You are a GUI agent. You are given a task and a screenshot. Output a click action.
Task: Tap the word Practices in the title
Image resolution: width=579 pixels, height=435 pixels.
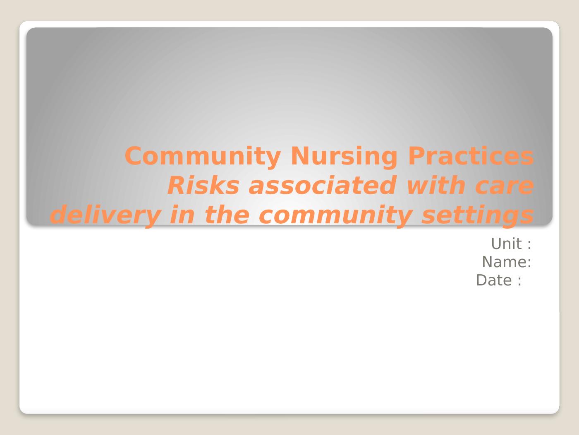click(x=471, y=156)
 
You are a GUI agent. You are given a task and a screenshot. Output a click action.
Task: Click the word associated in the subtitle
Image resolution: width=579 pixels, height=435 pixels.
click(x=323, y=186)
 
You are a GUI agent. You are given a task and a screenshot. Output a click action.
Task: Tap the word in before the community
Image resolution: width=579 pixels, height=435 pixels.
click(x=182, y=215)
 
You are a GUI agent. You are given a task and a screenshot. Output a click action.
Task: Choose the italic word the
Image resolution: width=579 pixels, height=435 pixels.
click(x=227, y=215)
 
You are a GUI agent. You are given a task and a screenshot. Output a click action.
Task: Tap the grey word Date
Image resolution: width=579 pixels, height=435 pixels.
click(x=494, y=280)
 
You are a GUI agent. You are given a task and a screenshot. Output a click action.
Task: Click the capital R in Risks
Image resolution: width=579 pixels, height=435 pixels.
click(x=177, y=186)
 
